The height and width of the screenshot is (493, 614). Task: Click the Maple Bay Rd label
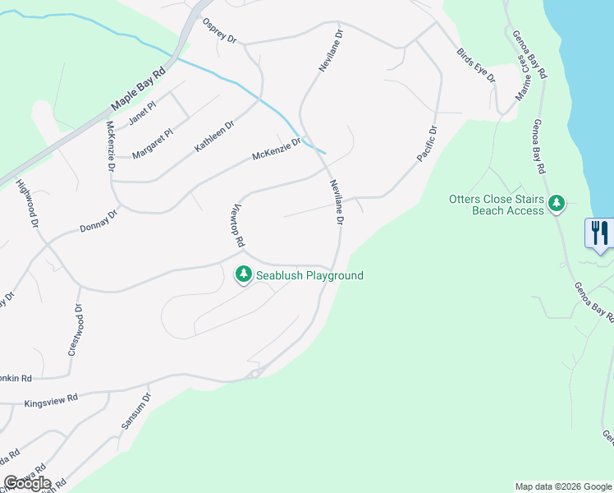pos(138,89)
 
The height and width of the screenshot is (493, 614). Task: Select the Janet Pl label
pos(142,113)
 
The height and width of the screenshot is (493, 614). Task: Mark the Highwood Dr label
pos(28,205)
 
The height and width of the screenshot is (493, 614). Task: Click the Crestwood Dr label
pos(75,329)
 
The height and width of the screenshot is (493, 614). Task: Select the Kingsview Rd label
pos(51,398)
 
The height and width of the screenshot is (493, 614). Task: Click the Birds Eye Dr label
pos(476,66)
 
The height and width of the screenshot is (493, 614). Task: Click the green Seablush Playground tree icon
pos(243,274)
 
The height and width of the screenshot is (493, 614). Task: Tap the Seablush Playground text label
pos(309,276)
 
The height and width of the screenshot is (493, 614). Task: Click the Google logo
pos(27,483)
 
